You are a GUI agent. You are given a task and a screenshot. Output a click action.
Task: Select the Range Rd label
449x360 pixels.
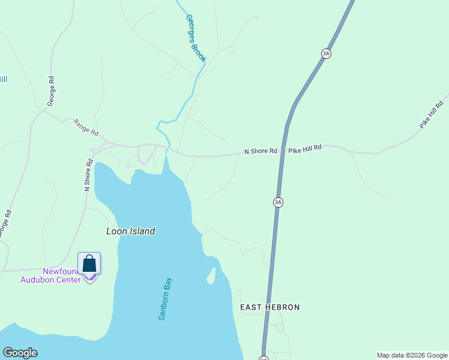pyautogui.click(x=86, y=127)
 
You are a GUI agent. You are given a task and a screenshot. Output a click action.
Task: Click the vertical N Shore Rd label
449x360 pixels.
pyautogui.click(x=88, y=175)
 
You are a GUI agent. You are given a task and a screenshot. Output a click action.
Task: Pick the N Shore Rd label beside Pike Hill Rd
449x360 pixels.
pyautogui.click(x=261, y=151)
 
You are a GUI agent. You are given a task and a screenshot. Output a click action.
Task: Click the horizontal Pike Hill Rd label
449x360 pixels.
pyautogui.click(x=305, y=148)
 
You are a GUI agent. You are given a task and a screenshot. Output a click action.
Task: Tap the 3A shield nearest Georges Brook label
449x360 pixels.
pyautogui.click(x=326, y=53)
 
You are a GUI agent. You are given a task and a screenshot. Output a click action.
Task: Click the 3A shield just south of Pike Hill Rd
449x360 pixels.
pyautogui.click(x=278, y=202)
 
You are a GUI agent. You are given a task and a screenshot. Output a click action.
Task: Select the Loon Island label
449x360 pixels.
pyautogui.click(x=130, y=231)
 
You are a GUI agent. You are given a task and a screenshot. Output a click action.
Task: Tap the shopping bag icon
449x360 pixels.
pyautogui.click(x=89, y=264)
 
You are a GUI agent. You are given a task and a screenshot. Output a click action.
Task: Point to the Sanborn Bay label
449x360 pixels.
pyautogui.click(x=166, y=298)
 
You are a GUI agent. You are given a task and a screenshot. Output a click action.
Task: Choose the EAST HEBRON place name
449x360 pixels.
pyautogui.click(x=270, y=307)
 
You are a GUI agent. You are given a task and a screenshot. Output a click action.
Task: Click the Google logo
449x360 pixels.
pyautogui.click(x=20, y=353)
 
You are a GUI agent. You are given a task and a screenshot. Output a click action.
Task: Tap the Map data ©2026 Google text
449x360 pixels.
pyautogui.click(x=412, y=355)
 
